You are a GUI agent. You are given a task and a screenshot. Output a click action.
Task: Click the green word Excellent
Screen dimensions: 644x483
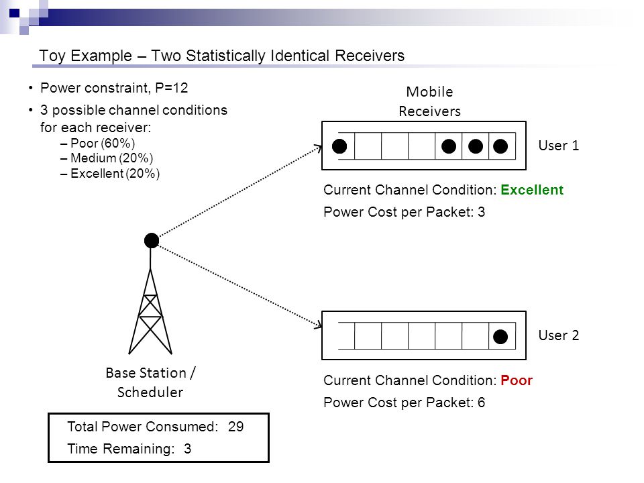point(532,190)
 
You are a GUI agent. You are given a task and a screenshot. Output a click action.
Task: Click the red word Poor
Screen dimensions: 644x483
point(517,380)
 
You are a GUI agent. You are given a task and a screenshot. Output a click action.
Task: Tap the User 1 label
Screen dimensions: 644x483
point(559,146)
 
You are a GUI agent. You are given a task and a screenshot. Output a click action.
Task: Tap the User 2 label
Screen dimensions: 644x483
point(559,335)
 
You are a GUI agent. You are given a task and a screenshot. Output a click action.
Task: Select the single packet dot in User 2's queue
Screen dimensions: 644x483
point(500,337)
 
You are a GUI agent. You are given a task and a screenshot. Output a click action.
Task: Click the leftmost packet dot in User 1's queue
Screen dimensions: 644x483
point(339,146)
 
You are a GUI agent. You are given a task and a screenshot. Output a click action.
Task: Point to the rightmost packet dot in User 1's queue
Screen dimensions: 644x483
point(500,146)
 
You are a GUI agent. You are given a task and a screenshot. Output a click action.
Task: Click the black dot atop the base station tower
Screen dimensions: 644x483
point(152,240)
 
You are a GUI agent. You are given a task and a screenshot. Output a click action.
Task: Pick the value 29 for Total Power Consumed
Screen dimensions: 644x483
point(235,427)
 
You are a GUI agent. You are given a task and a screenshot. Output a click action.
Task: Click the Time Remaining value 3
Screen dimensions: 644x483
point(187,449)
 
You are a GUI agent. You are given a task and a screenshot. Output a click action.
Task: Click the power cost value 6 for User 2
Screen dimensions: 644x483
point(481,402)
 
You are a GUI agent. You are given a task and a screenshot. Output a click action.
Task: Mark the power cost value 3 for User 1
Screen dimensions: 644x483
point(481,212)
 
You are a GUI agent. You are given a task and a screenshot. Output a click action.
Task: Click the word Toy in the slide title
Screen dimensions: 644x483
point(52,56)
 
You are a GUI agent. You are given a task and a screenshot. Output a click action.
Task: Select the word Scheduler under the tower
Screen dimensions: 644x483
point(150,392)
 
